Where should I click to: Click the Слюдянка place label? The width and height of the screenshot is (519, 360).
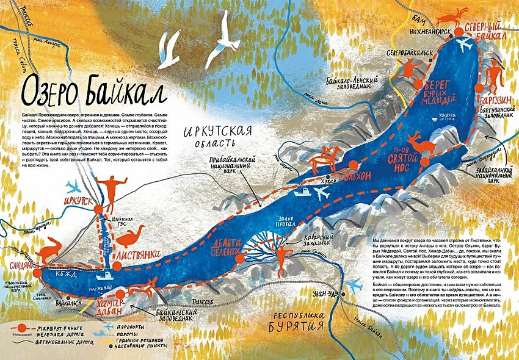click(x=24, y=266)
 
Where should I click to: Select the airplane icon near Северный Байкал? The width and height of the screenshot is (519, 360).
click(x=466, y=46)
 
